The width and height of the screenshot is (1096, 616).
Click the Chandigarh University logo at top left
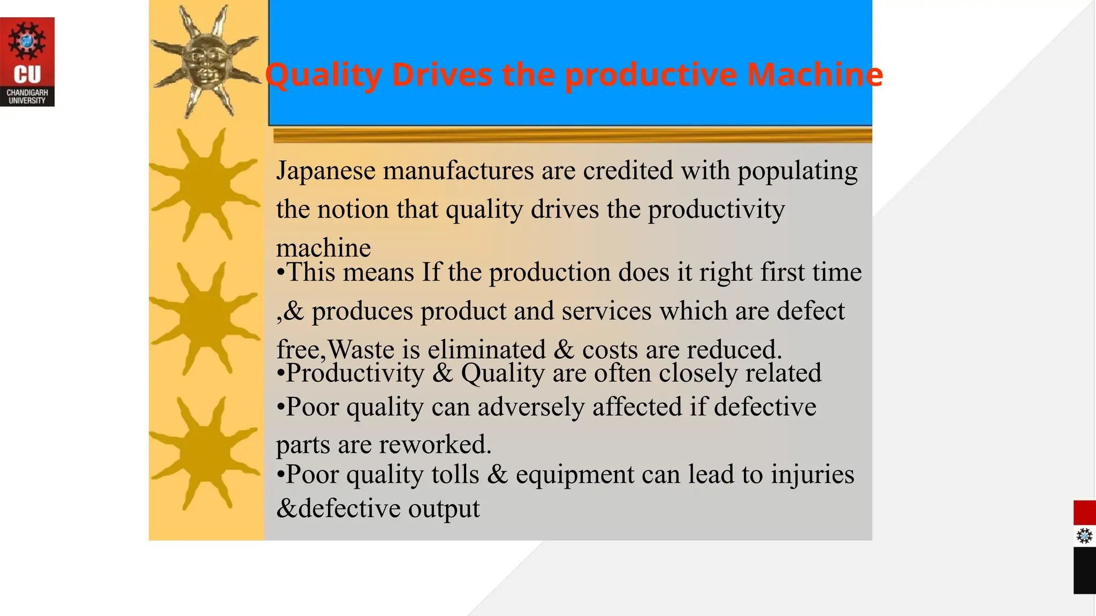[27, 61]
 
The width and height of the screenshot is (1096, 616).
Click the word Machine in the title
[815, 74]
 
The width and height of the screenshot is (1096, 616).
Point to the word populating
[797, 171]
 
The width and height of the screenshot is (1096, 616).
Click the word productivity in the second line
[717, 210]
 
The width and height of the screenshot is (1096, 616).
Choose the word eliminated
[486, 350]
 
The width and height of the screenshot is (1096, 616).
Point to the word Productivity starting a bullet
[355, 373]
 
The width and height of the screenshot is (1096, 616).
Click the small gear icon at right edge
[1084, 536]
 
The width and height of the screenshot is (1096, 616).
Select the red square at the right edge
[1084, 513]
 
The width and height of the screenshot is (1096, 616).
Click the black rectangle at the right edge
[1084, 571]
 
